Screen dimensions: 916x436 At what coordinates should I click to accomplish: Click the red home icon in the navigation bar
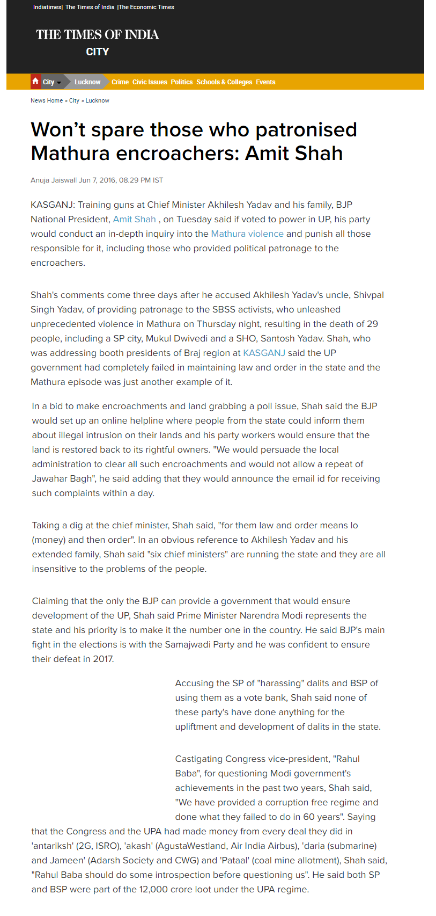pos(35,82)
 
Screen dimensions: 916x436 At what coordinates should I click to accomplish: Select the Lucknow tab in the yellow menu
pos(87,82)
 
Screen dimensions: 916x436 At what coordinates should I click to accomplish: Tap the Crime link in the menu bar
pos(120,82)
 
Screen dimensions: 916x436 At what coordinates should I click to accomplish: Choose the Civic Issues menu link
pos(150,82)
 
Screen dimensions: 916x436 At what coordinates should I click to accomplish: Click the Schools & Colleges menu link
pos(224,82)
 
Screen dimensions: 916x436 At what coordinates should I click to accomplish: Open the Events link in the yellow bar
pos(265,82)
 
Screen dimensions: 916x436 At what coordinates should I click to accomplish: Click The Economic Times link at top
pos(146,7)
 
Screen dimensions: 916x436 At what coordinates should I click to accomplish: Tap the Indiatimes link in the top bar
pos(47,7)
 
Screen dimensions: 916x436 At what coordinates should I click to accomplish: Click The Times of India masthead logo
pos(98,35)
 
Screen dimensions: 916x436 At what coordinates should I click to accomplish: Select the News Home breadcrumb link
pos(47,100)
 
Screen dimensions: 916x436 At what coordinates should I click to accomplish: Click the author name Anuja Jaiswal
pos(53,180)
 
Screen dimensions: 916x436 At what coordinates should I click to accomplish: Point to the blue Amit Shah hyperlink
pos(134,219)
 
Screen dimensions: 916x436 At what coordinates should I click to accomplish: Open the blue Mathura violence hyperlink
pos(247,234)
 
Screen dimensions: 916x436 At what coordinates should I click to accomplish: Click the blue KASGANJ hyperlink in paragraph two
pos(264,353)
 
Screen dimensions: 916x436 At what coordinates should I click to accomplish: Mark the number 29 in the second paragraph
pos(372,324)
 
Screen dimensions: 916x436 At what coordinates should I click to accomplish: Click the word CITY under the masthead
pos(98,52)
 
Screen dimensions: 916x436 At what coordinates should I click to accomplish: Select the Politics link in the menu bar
pos(182,82)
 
